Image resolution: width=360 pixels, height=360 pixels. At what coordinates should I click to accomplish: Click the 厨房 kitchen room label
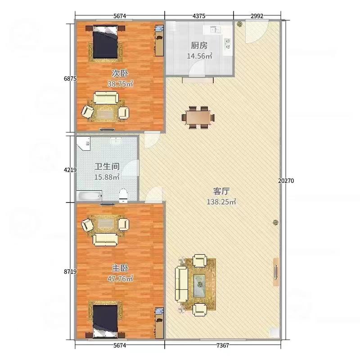(x=199, y=45)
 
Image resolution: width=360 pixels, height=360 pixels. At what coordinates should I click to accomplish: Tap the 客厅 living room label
(x=221, y=191)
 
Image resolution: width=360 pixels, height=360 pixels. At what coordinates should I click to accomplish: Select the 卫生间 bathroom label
(x=107, y=166)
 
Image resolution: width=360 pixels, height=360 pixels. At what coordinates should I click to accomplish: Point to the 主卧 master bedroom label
(x=120, y=268)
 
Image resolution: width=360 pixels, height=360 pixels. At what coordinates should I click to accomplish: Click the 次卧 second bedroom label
(x=120, y=73)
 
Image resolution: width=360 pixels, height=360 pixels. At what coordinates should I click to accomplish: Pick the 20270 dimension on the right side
(x=286, y=181)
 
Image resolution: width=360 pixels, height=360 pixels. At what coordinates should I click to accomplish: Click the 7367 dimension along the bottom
(x=222, y=345)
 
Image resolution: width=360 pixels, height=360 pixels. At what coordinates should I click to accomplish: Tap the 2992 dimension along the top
(x=257, y=16)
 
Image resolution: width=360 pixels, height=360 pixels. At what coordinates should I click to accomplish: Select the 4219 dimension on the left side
(x=70, y=170)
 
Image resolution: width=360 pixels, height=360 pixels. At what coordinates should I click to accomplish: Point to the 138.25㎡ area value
(x=221, y=202)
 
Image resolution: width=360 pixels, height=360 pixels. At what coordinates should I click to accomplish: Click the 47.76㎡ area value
(x=120, y=279)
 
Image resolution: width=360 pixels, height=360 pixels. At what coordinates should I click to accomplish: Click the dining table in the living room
(x=198, y=117)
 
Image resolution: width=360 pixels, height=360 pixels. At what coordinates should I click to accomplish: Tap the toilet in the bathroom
(x=123, y=196)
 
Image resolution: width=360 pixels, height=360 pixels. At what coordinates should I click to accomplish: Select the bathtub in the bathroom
(x=89, y=196)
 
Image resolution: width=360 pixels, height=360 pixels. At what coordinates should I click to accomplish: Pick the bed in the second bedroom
(x=105, y=43)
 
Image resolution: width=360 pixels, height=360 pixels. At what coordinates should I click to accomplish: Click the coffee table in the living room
(x=199, y=285)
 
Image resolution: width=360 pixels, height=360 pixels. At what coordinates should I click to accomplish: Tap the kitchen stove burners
(x=228, y=44)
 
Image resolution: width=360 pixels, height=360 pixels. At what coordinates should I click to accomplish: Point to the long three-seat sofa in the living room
(x=181, y=284)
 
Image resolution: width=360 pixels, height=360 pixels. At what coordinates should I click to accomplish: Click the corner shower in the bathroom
(x=83, y=144)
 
